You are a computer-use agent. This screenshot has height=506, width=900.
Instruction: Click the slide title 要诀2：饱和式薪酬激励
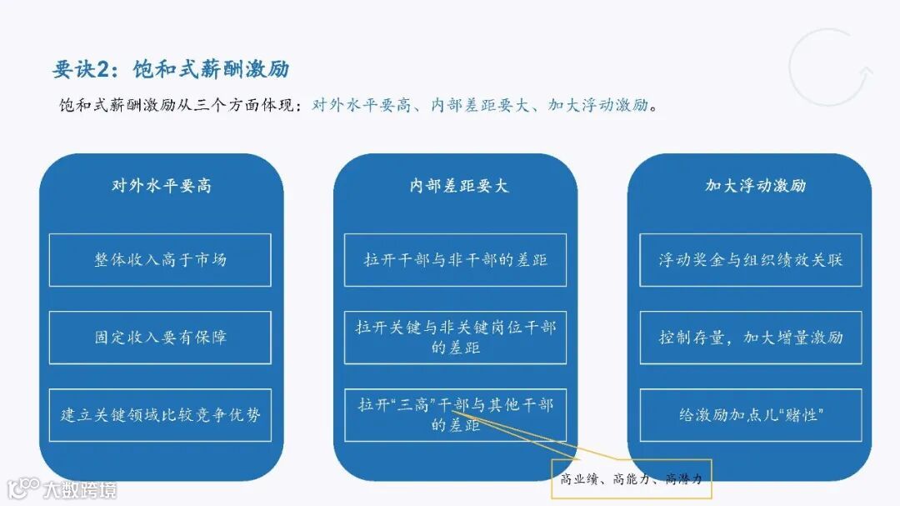tap(171, 69)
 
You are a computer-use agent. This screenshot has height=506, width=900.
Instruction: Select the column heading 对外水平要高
tap(161, 186)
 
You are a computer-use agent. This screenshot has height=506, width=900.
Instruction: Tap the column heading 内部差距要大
tap(455, 186)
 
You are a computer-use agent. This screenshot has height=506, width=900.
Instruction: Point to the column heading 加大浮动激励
tap(755, 186)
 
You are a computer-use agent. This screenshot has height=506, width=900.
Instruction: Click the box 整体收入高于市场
tap(160, 260)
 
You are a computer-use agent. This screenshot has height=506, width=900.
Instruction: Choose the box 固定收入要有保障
tap(160, 338)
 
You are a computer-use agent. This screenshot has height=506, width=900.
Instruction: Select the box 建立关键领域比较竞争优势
tap(160, 414)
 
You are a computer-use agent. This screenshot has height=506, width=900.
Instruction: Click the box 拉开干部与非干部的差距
tap(455, 260)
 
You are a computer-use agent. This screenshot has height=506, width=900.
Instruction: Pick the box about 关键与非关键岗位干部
tap(455, 338)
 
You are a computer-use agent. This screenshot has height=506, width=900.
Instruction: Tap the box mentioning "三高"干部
tap(455, 414)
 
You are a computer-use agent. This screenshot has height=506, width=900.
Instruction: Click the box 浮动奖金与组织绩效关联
tap(750, 260)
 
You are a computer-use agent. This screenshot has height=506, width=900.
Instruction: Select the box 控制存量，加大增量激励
tap(750, 338)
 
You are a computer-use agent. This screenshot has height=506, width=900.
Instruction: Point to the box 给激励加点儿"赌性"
tap(750, 414)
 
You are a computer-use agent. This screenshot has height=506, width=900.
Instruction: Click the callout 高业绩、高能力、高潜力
tap(632, 478)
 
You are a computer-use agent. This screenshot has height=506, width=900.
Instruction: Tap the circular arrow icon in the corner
tap(831, 68)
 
